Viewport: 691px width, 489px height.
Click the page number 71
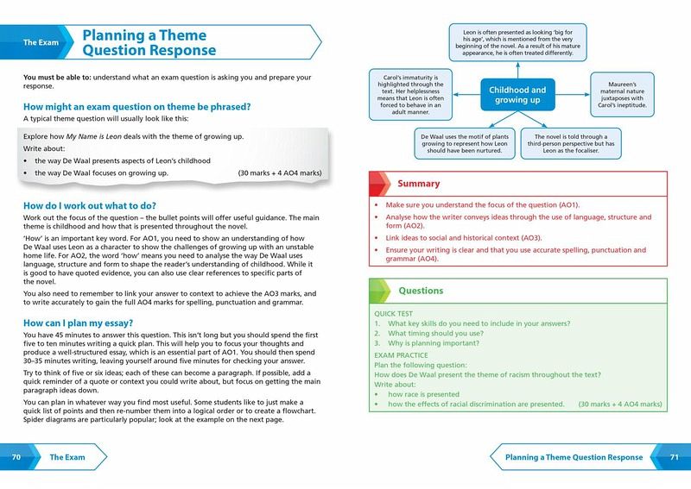tap(675, 457)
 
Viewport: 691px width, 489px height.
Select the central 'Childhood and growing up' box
tap(517, 95)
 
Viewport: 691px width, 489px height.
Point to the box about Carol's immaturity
tap(404, 95)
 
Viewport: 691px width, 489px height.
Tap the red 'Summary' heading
tap(418, 184)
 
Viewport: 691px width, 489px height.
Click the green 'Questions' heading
tap(422, 291)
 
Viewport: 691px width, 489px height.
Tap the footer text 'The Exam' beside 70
tap(67, 457)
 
